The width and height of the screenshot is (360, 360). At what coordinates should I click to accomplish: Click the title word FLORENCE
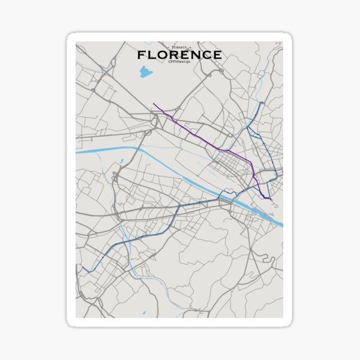coord(179,55)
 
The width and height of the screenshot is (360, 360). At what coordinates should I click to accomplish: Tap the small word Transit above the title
coord(179,47)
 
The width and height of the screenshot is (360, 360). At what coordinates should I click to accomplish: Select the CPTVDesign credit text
coord(179,62)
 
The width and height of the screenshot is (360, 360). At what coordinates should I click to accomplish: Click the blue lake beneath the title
coord(146,73)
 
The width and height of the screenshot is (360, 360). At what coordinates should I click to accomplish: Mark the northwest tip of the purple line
coord(154,104)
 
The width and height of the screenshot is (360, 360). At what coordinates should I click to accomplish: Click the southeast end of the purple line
coord(271,199)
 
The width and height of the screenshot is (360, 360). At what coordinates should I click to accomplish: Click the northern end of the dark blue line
coord(263,103)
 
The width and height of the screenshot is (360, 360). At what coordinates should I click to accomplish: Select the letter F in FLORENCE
coord(141,55)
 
